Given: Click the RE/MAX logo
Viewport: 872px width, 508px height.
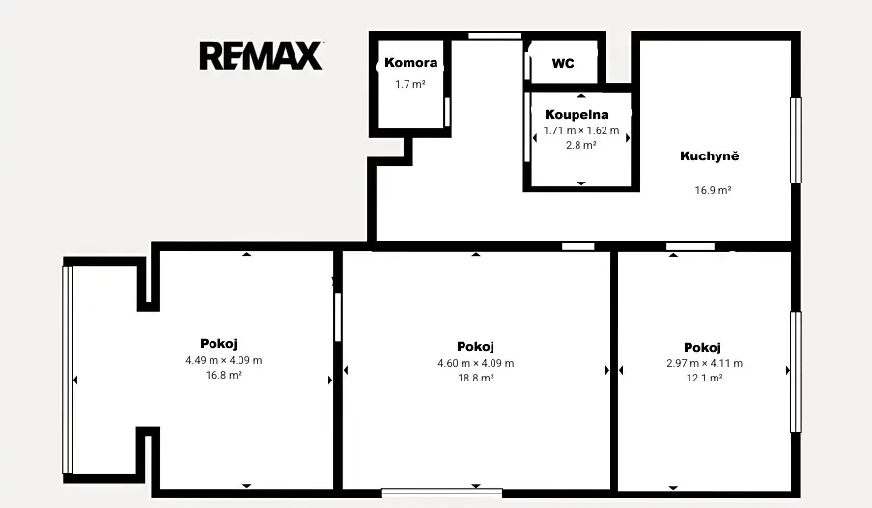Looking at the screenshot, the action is click(262, 55).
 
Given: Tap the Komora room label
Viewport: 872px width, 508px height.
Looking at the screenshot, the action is click(411, 63).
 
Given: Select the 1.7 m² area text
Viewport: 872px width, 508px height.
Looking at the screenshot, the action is click(410, 84).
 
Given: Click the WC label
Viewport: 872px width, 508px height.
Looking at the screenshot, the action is click(563, 63).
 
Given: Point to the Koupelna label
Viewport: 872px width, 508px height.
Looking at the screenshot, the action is click(577, 115).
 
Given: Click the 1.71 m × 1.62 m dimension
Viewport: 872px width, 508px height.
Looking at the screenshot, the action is click(581, 130).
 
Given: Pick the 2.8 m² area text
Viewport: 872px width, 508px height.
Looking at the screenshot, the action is click(581, 145).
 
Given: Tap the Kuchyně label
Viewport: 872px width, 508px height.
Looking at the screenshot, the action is click(710, 155).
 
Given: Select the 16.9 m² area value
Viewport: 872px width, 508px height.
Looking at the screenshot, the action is click(713, 190).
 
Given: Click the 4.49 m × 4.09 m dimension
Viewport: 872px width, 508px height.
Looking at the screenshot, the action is click(224, 360).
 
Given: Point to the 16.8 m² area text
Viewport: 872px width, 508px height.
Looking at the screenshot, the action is click(224, 375).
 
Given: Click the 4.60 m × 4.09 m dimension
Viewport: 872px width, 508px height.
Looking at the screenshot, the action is click(475, 363).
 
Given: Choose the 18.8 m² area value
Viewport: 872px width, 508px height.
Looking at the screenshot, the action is click(475, 378).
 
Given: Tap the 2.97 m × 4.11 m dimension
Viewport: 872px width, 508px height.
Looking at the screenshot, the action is click(705, 363).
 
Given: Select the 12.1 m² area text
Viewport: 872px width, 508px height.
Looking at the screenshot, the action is click(705, 378).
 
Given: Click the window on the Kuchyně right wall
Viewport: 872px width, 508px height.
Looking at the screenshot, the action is click(796, 140).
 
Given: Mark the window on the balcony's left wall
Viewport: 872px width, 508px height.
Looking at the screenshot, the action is click(68, 370).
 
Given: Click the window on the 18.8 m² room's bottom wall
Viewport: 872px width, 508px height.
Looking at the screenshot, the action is click(442, 493).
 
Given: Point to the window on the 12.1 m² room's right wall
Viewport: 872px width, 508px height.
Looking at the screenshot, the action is click(796, 372).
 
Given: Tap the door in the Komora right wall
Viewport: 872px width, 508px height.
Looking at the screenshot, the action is click(447, 111).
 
